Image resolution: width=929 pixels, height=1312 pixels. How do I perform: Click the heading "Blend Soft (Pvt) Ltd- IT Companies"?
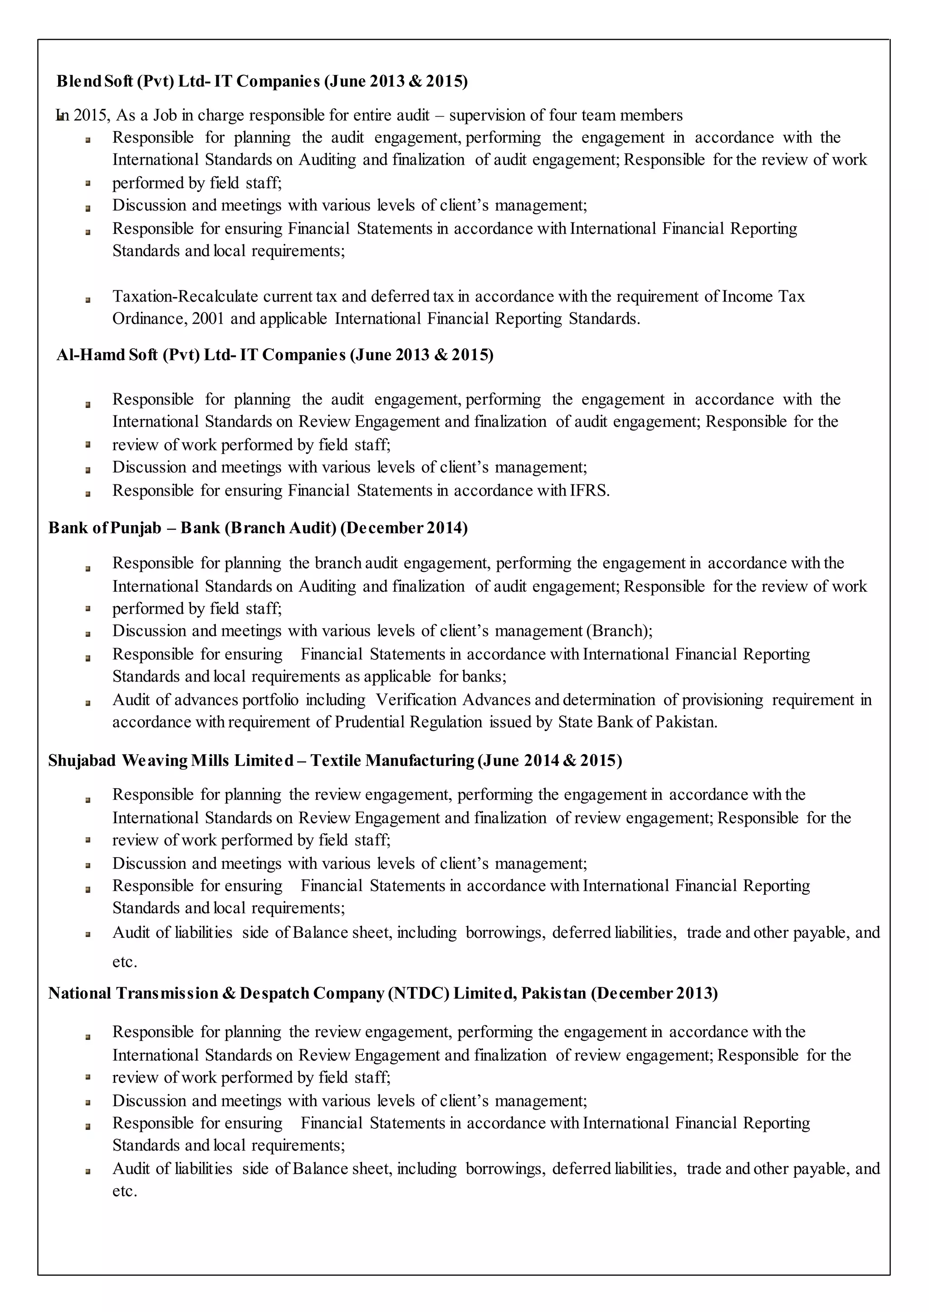pos(189,81)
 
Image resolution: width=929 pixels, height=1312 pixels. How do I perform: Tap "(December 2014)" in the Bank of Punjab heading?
pos(404,527)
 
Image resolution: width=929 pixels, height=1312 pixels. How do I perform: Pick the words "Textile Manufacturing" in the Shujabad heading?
pos(392,761)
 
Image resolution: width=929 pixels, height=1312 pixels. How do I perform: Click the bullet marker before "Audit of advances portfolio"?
pos(88,703)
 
